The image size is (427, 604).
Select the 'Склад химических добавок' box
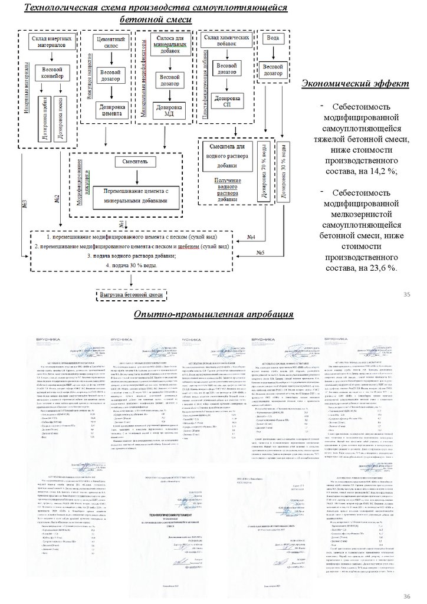point(226,41)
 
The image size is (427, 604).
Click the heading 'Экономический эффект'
point(354,84)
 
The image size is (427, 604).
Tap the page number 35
point(406,294)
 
